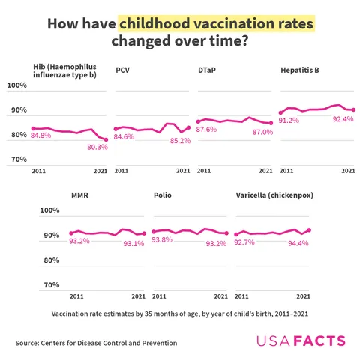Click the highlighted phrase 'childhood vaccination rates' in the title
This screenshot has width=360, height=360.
click(x=217, y=24)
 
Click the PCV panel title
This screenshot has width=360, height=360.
click(x=122, y=70)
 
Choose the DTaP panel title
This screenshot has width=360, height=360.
click(x=208, y=70)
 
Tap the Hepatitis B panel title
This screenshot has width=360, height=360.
click(x=300, y=70)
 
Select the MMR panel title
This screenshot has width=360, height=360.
click(x=80, y=195)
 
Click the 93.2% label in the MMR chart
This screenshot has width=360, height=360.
click(x=79, y=241)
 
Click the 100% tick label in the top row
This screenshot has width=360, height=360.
click(x=37, y=85)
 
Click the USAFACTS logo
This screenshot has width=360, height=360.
click(x=301, y=341)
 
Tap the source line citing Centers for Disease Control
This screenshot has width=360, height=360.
click(x=96, y=343)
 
